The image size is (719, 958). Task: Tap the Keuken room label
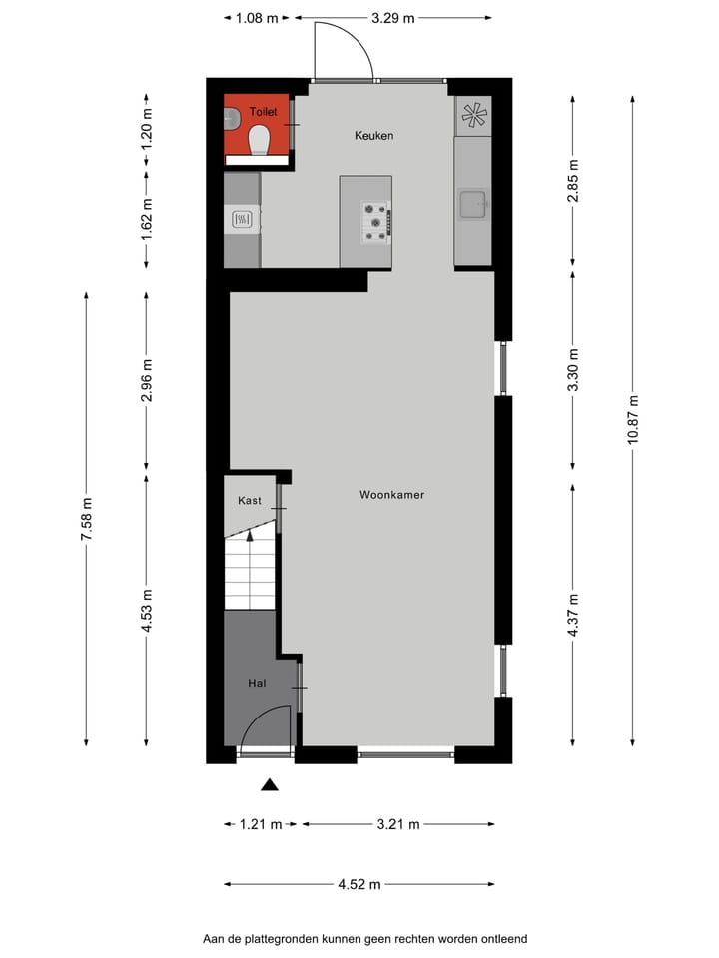[x=374, y=135]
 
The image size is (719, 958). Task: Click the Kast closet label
[x=249, y=500]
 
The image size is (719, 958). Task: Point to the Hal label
[x=258, y=684]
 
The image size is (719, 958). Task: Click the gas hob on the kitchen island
[x=376, y=222]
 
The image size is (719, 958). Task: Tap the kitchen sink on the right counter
[x=472, y=205]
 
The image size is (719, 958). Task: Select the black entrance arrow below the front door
[x=269, y=785]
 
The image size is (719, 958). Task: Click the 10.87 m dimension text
[x=632, y=423]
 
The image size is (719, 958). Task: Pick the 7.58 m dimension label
[x=87, y=519]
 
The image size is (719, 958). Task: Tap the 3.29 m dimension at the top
[x=393, y=18]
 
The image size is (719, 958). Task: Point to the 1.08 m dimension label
[x=257, y=18]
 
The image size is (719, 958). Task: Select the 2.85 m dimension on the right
[x=573, y=181]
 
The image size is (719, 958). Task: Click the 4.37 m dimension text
[x=573, y=615]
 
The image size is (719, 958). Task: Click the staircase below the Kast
[x=249, y=571]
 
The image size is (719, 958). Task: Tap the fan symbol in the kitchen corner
[x=473, y=116]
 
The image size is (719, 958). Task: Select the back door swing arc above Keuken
[x=344, y=50]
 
